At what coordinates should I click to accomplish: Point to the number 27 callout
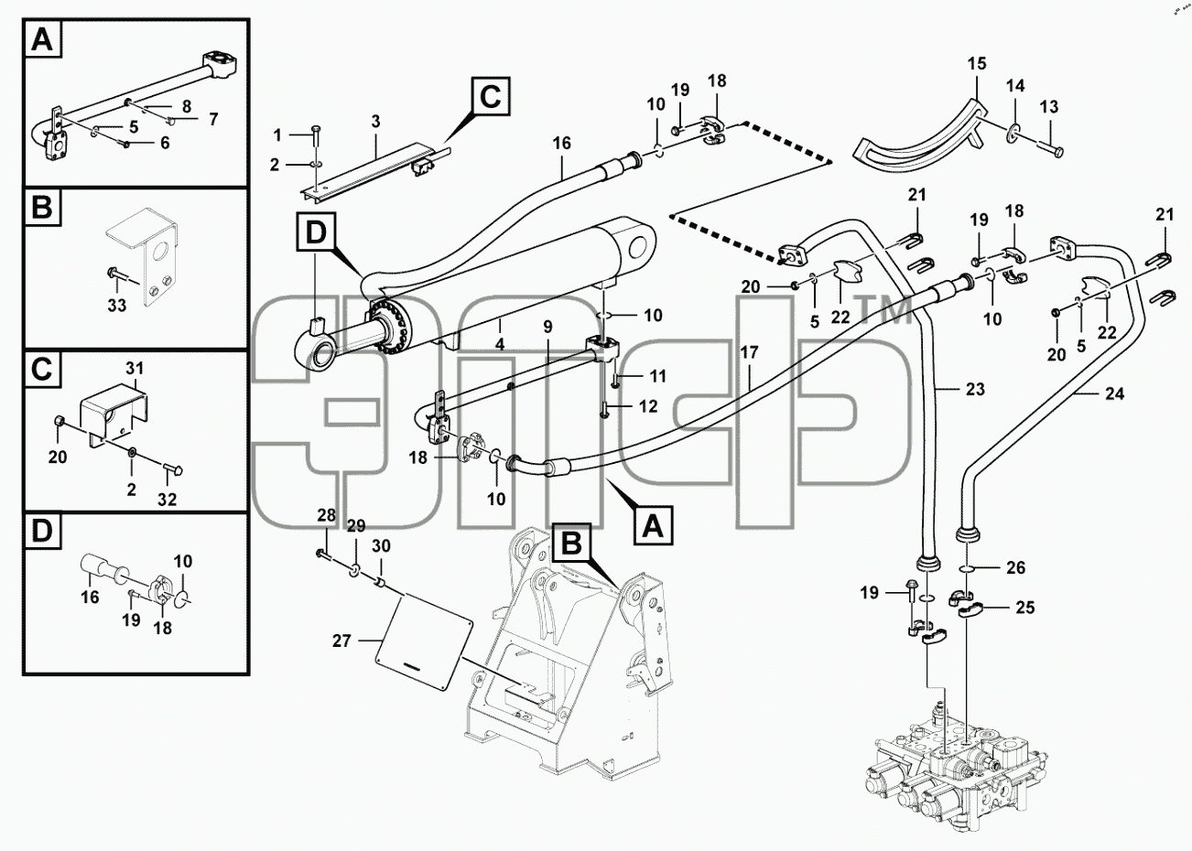tap(341, 641)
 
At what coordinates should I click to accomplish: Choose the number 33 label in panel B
tap(116, 306)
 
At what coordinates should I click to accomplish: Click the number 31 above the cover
tap(135, 369)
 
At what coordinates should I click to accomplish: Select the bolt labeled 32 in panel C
tap(173, 470)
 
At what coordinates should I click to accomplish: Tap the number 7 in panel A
tap(212, 119)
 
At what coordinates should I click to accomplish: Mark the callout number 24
tap(1114, 393)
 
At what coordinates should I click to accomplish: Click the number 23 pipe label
tap(975, 389)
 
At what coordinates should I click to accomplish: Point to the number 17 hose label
tap(749, 352)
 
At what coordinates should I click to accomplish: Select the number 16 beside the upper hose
tap(561, 143)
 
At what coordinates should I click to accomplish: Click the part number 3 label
tap(375, 122)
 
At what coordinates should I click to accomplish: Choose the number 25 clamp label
tap(1024, 608)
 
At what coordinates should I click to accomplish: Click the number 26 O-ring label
tap(1015, 567)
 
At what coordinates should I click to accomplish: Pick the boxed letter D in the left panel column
tap(42, 531)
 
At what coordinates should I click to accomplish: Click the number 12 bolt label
tap(647, 406)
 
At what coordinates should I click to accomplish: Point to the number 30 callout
tap(381, 545)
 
